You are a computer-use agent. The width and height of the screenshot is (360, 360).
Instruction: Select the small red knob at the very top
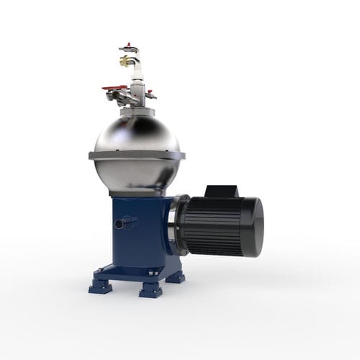click(128, 45)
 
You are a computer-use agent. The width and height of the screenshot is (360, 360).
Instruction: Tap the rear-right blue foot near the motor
click(175, 276)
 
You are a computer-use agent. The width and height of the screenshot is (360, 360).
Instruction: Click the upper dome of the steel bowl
click(137, 133)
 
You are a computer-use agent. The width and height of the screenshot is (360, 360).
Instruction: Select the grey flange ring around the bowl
click(137, 156)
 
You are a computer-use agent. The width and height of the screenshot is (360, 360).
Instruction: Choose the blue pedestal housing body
click(137, 230)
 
